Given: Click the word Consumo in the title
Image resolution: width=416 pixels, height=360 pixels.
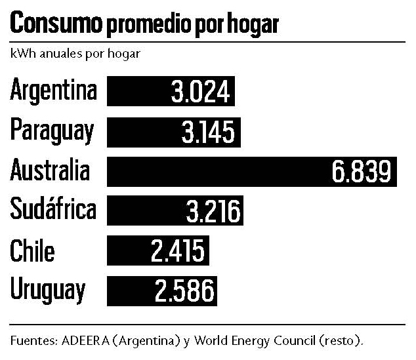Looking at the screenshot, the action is point(56,22).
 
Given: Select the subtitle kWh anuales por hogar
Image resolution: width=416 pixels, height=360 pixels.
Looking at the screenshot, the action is point(75,54).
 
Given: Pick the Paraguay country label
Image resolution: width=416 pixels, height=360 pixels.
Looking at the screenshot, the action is point(52,131).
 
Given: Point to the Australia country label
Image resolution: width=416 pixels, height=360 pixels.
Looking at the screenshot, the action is point(50,170).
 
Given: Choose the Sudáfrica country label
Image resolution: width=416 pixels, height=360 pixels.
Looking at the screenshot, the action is point(53,209).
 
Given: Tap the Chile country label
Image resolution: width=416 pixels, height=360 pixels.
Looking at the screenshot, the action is point(32,250).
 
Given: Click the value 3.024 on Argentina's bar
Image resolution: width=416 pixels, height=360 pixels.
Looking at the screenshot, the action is point(200,91).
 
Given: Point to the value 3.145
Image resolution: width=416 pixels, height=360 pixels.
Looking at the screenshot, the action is point(208,132).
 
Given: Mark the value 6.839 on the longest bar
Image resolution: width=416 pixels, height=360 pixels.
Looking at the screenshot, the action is point(362,171).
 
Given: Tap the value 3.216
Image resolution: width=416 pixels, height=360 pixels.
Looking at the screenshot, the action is point(213,211).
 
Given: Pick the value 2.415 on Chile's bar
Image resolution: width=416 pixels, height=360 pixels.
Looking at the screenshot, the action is point(178,250).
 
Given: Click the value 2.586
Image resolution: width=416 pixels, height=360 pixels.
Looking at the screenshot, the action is point(184,290).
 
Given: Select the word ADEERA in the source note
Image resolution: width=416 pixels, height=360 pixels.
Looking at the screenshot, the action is point(85,340).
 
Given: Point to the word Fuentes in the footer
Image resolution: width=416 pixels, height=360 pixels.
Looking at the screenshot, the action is point(34,340).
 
